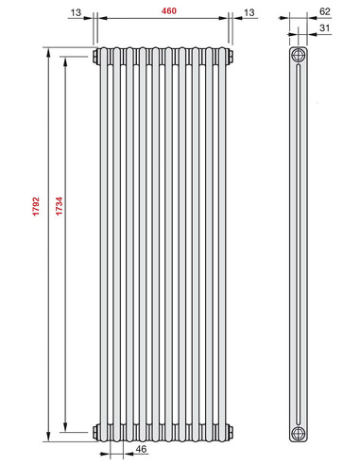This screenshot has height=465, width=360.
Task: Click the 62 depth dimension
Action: tap(325, 11)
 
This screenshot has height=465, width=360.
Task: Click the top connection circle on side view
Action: tap(299, 55)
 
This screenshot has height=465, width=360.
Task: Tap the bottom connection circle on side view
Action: tap(299, 433)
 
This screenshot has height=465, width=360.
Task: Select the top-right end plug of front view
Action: tap(231, 57)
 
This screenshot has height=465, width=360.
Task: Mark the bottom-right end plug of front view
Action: tap(231, 433)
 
